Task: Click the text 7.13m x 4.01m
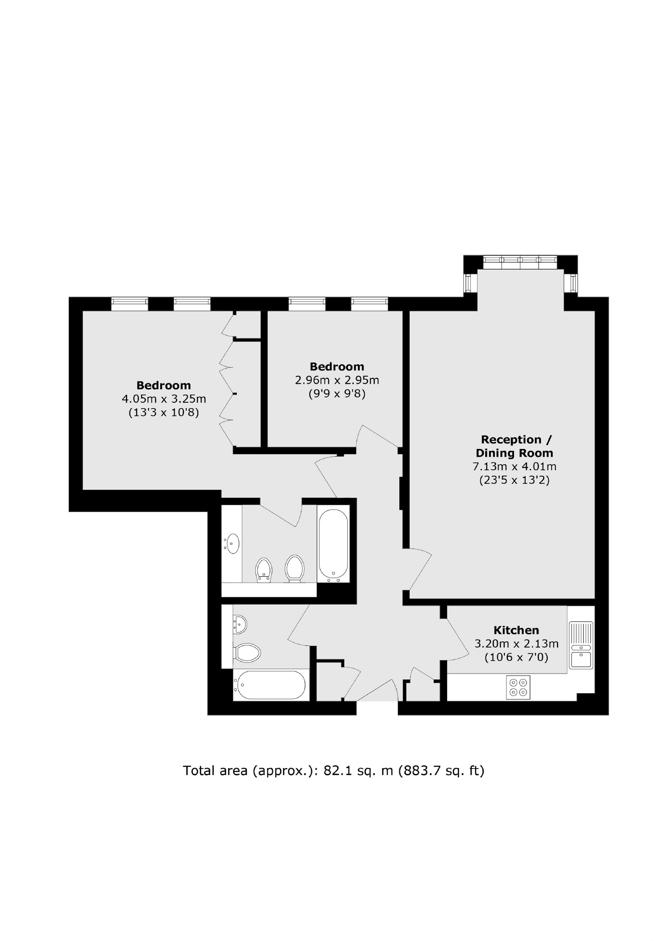tap(514, 466)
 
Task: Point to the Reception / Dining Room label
tap(514, 446)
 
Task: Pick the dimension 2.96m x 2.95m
tap(337, 380)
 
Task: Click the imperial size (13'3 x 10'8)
tap(163, 412)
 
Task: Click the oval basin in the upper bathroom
tap(232, 543)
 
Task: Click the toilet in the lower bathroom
tap(247, 652)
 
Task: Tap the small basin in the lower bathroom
tap(241, 624)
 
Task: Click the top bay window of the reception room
tap(519, 262)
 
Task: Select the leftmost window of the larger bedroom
tap(130, 304)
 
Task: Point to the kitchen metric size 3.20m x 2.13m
tap(516, 644)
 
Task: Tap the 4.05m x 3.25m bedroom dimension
tap(163, 399)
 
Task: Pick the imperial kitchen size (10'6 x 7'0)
tap(516, 658)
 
